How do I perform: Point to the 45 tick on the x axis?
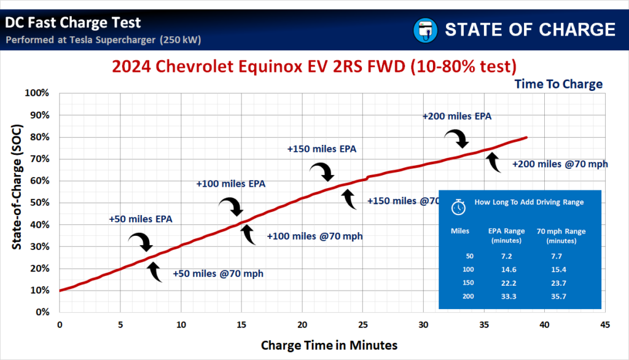(x=604, y=324)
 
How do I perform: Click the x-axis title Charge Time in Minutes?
(x=329, y=345)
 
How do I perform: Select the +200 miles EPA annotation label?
(x=456, y=115)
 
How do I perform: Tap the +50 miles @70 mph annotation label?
(x=218, y=273)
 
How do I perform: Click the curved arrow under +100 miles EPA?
(x=232, y=206)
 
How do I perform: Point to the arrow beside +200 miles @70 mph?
(x=493, y=163)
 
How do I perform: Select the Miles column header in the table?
(x=461, y=231)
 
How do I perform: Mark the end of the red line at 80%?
(x=526, y=138)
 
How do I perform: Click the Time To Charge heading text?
(x=558, y=84)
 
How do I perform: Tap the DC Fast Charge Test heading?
(x=73, y=23)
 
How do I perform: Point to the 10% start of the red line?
(x=60, y=290)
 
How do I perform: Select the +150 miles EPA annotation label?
(x=322, y=149)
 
